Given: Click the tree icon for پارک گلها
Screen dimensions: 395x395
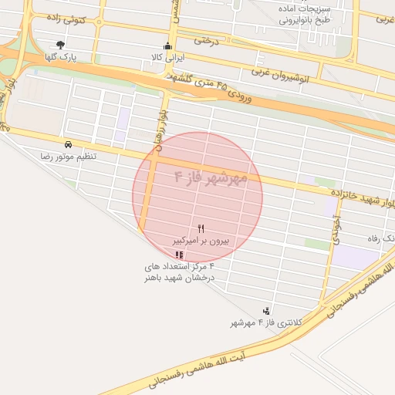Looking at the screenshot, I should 60,45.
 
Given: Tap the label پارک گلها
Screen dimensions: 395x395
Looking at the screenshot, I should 60,57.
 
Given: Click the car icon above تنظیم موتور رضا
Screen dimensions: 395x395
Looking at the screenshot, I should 69,144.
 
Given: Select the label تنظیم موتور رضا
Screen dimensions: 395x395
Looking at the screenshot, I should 69,157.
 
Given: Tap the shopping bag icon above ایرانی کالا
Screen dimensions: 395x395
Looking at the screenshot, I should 167,46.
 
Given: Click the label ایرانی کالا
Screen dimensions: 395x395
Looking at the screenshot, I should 167,58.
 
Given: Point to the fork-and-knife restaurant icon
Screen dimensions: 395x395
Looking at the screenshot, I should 201,228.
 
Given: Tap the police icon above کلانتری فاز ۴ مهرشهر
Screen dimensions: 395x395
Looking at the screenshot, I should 267,310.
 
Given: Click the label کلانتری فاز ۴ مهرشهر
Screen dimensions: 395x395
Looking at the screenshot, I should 268,322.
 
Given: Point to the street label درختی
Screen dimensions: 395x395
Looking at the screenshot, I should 207,40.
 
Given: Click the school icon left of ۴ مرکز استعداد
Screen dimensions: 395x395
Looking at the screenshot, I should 180,255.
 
